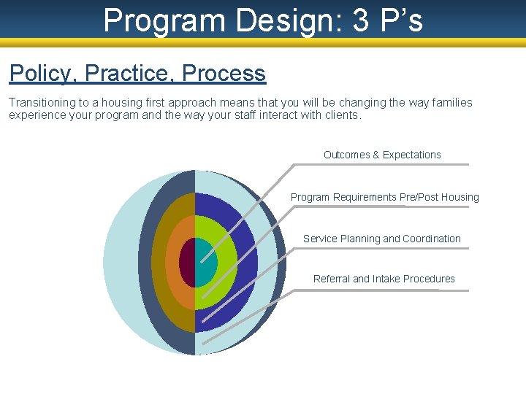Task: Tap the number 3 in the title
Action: [361, 20]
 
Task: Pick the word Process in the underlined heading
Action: [224, 74]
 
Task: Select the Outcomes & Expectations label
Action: [382, 155]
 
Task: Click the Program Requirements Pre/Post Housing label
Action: [384, 197]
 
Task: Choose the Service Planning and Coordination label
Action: [381, 239]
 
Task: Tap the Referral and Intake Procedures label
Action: [384, 279]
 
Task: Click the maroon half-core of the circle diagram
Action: [188, 263]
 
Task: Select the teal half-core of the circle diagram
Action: [205, 263]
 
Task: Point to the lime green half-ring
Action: [226, 263]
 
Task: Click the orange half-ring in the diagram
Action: [173, 263]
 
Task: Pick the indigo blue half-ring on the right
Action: [247, 263]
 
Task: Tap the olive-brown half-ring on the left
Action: [158, 263]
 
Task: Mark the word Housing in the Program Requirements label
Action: [460, 197]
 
